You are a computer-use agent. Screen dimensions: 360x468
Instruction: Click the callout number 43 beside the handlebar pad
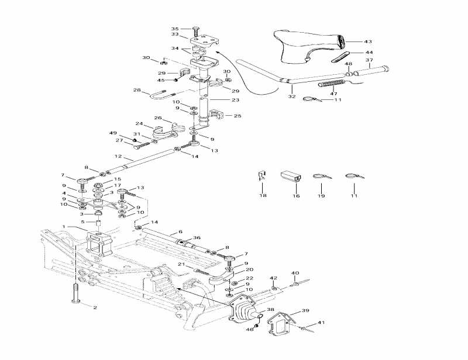[367, 41]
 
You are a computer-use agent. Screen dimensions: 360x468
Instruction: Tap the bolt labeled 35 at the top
[195, 29]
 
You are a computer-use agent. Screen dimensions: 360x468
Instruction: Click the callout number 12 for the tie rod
[117, 157]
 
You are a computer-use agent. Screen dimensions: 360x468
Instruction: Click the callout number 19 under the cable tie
[321, 195]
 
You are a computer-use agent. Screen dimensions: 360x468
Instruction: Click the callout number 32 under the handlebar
[292, 96]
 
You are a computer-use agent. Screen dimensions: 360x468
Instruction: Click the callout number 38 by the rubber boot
[270, 310]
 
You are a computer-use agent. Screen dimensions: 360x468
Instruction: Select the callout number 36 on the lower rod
[197, 237]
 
